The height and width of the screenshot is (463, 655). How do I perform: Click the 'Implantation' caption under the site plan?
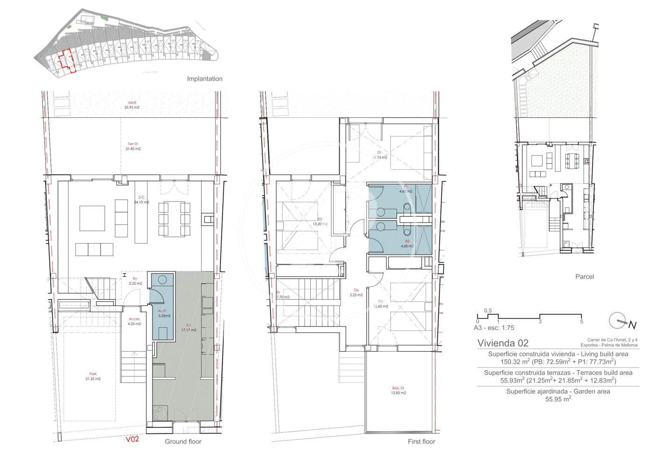click(204, 79)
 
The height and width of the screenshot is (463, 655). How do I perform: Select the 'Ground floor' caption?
click(182, 441)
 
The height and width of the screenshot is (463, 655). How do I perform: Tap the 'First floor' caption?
click(421, 441)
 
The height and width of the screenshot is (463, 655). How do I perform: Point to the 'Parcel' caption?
click(584, 276)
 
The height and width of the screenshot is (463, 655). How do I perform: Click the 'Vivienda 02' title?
click(503, 343)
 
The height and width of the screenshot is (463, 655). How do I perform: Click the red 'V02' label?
click(132, 439)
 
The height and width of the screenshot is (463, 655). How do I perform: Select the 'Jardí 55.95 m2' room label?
click(132, 105)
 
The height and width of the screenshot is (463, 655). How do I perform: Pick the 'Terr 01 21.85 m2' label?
click(133, 146)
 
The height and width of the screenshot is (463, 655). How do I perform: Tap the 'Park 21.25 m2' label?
click(93, 376)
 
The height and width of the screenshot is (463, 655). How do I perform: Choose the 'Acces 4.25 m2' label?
click(134, 321)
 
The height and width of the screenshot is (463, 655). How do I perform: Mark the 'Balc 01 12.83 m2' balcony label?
click(398, 391)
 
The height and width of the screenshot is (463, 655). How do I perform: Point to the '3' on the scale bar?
click(540, 321)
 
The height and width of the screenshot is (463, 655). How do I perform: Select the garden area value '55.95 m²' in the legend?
click(558, 399)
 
